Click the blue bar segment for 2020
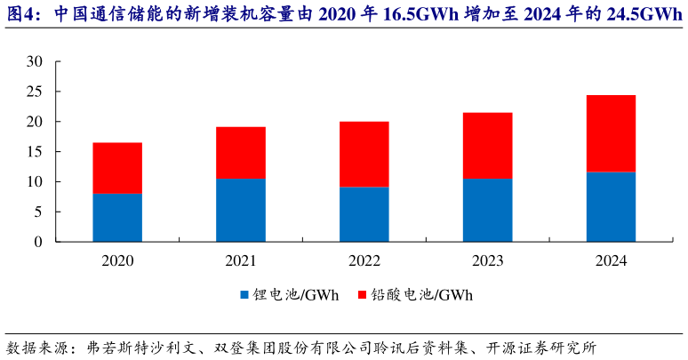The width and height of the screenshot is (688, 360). point(117,217)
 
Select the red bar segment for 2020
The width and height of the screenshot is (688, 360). point(117,168)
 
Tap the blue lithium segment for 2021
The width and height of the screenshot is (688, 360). point(240,210)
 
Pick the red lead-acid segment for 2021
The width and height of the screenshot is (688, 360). point(240,153)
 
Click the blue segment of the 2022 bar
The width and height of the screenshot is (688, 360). point(364,214)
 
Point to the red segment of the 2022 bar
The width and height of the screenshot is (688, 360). point(364,154)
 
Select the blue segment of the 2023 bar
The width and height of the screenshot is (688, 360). point(487,210)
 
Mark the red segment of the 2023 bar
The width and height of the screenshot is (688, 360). point(487,146)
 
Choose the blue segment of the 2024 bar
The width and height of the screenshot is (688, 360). point(611,206)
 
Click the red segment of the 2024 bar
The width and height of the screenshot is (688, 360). point(611,133)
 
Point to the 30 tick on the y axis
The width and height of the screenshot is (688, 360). point(35,61)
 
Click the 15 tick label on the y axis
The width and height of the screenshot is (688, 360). point(35,152)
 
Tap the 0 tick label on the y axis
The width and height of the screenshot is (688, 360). point(38,242)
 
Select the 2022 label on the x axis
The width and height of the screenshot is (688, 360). point(364,261)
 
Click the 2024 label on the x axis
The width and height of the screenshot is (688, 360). point(611,261)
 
